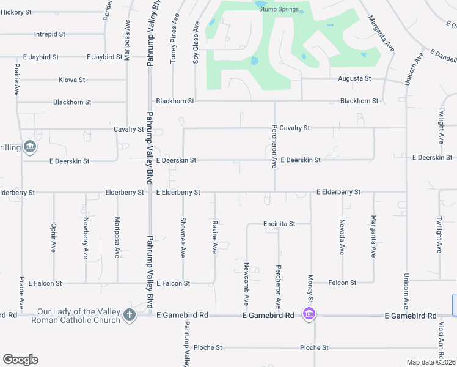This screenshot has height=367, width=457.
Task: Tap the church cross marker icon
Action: pyautogui.click(x=129, y=315)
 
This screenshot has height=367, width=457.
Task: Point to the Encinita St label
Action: pyautogui.click(x=279, y=224)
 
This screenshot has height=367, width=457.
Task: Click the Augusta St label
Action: pyautogui.click(x=354, y=78)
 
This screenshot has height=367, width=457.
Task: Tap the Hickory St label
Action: pyautogui.click(x=16, y=12)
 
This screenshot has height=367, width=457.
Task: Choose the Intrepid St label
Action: pyautogui.click(x=49, y=34)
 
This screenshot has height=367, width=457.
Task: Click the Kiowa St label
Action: pyautogui.click(x=71, y=80)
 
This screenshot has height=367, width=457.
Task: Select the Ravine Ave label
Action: pyautogui.click(x=214, y=238)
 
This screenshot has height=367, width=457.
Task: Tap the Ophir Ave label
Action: pyautogui.click(x=54, y=238)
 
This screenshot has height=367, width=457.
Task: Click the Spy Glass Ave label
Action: pyautogui.click(x=196, y=43)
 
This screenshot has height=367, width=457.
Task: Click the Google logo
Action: pyautogui.click(x=20, y=360)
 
